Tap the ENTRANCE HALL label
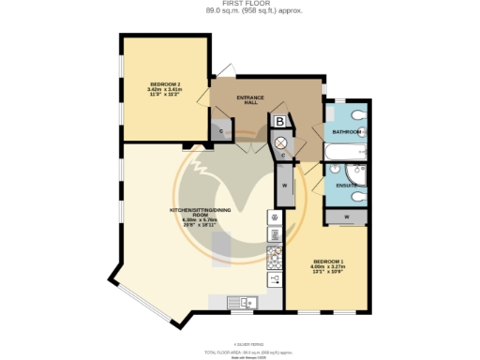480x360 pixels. [x=250, y=100]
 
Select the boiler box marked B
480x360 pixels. [x=279, y=121]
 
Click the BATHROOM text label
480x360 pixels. [x=346, y=132]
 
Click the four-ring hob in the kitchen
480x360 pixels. [x=276, y=255]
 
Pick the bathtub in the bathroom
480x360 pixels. [x=346, y=152]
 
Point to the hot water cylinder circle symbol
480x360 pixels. [x=279, y=140]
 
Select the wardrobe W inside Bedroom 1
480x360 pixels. [x=347, y=217]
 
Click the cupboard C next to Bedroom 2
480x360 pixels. [x=220, y=132]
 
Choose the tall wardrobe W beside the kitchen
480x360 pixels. [x=283, y=186]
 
